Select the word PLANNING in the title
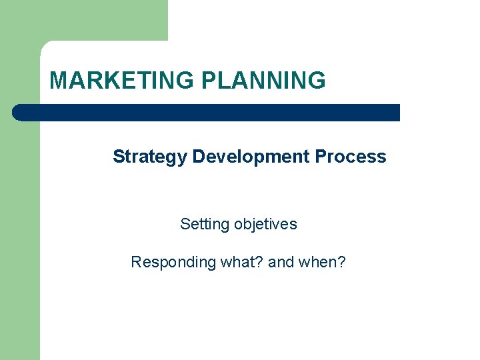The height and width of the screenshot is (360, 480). (x=264, y=81)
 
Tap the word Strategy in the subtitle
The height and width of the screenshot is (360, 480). (x=150, y=157)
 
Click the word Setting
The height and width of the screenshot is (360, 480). (x=204, y=225)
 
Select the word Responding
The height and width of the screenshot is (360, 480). (x=174, y=262)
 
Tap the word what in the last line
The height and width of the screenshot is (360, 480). (x=237, y=262)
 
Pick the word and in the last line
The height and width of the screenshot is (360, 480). (x=281, y=262)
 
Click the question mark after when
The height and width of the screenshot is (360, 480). (x=341, y=262)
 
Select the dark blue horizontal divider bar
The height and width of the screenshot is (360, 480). (x=207, y=113)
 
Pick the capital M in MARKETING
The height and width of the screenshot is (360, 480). (x=58, y=81)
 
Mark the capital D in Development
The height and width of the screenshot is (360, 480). (x=199, y=157)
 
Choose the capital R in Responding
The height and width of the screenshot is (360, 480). (x=136, y=262)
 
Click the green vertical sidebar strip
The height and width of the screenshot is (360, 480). (x=19, y=233)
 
